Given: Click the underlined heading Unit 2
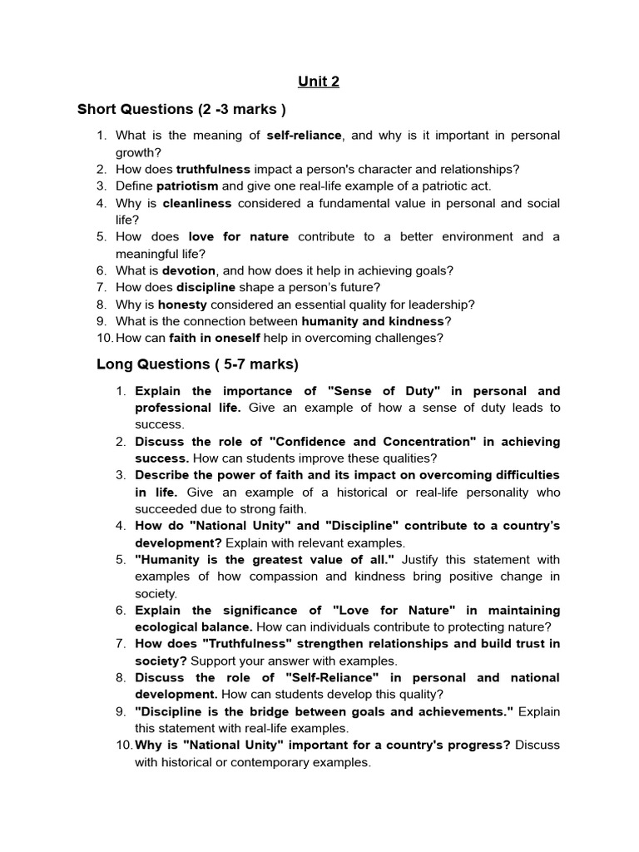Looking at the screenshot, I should pyautogui.click(x=319, y=82).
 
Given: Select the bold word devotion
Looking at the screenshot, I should pyautogui.click(x=188, y=270).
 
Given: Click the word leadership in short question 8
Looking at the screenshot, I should pyautogui.click(x=443, y=305).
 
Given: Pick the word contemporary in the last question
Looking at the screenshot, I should pyautogui.click(x=265, y=762).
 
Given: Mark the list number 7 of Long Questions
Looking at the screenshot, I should pyautogui.click(x=120, y=644).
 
